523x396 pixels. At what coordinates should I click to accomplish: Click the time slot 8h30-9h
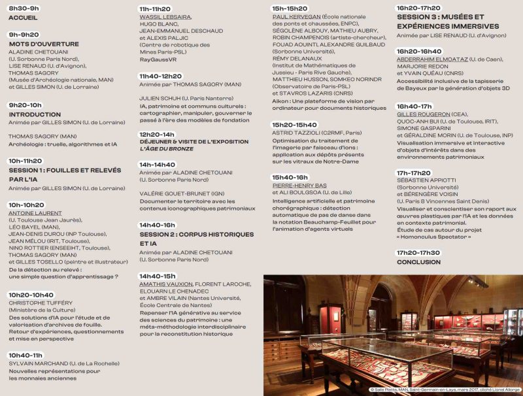click(x=24, y=8)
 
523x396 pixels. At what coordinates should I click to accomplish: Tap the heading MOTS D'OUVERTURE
click(x=44, y=44)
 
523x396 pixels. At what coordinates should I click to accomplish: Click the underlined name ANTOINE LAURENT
click(x=35, y=213)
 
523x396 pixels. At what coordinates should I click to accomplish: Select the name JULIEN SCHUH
click(x=161, y=98)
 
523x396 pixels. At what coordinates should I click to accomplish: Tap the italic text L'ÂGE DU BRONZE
click(x=166, y=148)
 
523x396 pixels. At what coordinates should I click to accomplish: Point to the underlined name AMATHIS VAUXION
click(x=166, y=284)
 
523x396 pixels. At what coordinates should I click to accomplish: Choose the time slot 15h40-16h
click(x=290, y=177)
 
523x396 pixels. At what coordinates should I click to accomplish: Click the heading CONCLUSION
click(x=418, y=262)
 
